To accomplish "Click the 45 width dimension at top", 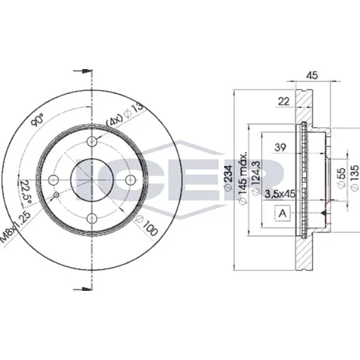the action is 312,76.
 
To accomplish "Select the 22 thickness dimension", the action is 284,102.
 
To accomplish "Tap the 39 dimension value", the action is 280,147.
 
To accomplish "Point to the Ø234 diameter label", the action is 228,178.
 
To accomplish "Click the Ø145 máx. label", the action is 243,178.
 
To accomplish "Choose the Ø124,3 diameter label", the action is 256,178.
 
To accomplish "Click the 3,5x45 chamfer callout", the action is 280,194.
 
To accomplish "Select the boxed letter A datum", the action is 283,213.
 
